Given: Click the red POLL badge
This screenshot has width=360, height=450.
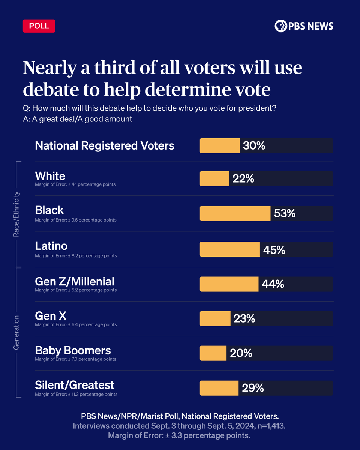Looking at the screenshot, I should [x=39, y=26].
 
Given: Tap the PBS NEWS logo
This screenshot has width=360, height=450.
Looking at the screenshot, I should [x=304, y=26].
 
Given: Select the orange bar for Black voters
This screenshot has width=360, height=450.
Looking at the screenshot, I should [x=235, y=213].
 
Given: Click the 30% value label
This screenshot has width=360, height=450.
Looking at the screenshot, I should [x=254, y=146].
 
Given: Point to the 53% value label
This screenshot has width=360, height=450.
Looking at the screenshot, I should [x=285, y=213].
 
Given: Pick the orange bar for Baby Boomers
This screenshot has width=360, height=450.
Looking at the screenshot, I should [x=213, y=353].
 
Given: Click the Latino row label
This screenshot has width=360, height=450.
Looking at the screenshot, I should [x=51, y=246].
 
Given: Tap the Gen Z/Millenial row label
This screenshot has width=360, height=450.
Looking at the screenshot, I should [x=75, y=281].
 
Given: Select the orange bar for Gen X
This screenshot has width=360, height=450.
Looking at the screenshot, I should [x=215, y=318].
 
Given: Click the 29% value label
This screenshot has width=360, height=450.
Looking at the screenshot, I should [x=253, y=388].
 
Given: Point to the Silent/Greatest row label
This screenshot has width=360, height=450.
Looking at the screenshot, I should [x=75, y=385].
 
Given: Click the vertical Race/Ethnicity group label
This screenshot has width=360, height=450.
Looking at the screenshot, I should [x=16, y=214].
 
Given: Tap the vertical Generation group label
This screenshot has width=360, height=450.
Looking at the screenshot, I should [x=16, y=332].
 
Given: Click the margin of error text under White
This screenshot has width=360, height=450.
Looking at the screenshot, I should [x=75, y=184].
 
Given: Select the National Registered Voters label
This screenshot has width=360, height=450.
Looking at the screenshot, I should [x=105, y=146].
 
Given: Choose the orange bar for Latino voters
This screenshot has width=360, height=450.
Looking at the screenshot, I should [x=229, y=249].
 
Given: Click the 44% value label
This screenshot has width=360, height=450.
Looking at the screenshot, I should [x=273, y=284].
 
